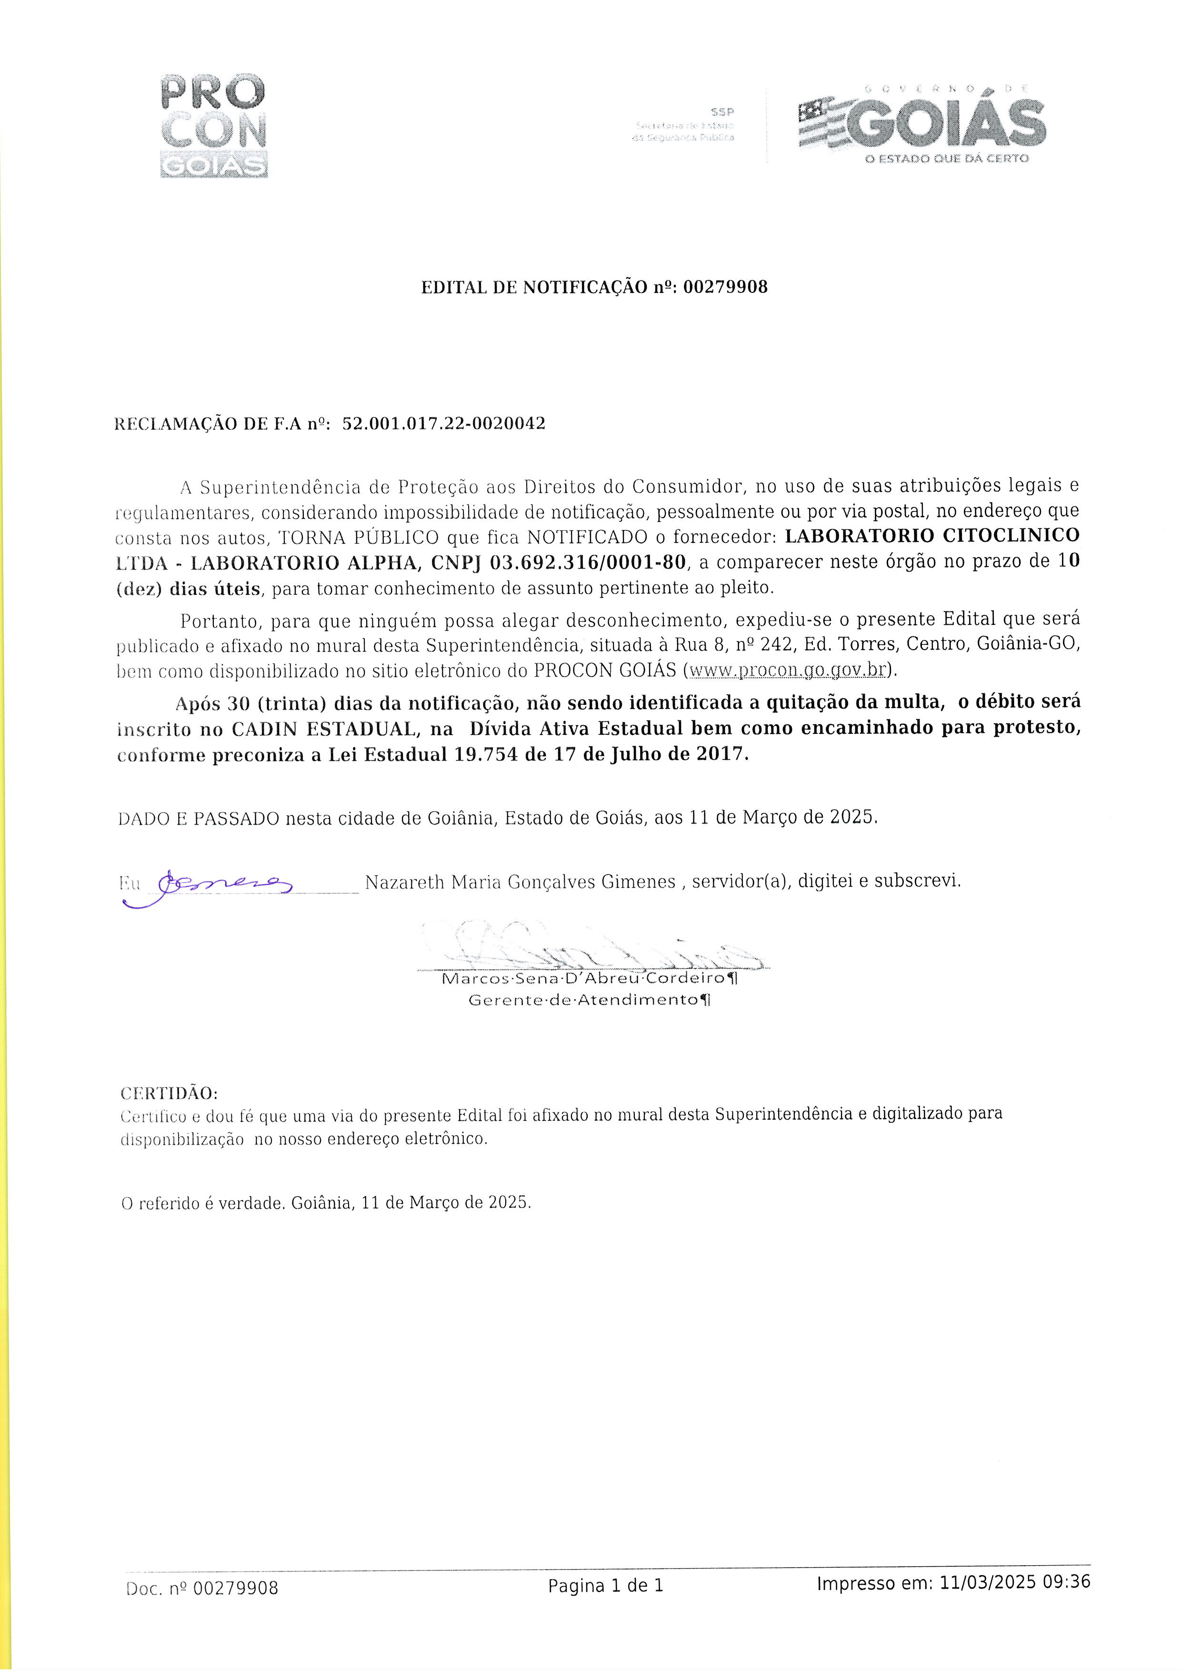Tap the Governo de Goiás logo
[921, 124]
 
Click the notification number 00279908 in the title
[725, 287]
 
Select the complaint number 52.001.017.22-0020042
[444, 423]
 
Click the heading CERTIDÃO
[169, 1094]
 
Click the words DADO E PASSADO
[199, 818]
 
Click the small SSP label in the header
[723, 112]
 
